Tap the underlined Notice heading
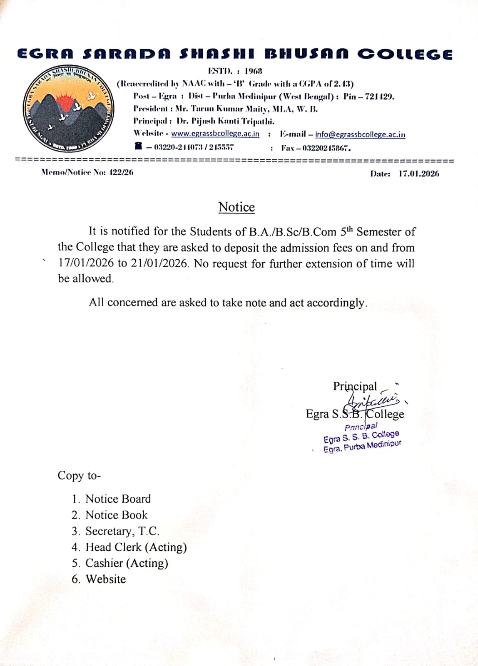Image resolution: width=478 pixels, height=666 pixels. click(x=237, y=207)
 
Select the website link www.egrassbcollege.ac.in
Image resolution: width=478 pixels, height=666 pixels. click(x=215, y=134)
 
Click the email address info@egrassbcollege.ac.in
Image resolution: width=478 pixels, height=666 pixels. click(x=360, y=134)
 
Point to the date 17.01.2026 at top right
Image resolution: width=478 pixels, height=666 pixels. click(x=418, y=174)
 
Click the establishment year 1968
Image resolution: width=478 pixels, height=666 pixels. click(x=253, y=71)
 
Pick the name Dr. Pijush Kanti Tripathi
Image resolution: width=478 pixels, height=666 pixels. click(x=225, y=122)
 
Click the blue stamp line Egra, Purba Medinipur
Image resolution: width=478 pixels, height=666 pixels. click(x=362, y=447)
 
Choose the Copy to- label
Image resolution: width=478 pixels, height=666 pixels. click(x=79, y=475)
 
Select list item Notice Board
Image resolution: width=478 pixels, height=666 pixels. click(x=118, y=499)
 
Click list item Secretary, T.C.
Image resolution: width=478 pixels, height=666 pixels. click(x=122, y=531)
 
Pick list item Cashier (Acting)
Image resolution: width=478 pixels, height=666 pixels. click(x=127, y=563)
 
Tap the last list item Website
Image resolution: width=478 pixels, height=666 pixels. click(x=105, y=579)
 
